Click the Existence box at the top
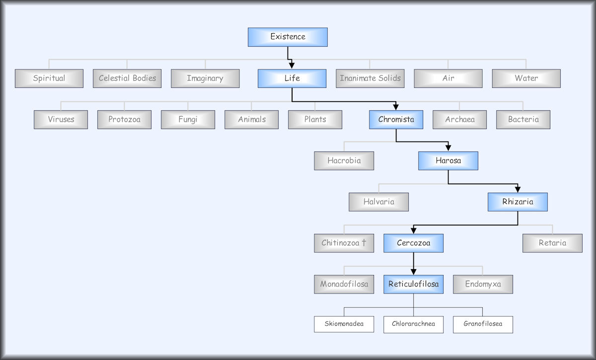288,37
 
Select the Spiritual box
49,78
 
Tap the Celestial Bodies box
127,78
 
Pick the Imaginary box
205,78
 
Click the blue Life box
292,78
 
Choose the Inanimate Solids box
370,78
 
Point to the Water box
526,78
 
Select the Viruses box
61,119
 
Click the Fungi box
188,119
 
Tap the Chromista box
396,119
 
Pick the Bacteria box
523,119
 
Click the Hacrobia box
344,160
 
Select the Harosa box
448,160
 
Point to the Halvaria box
378,202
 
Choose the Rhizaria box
518,202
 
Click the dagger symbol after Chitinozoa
364,243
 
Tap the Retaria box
552,243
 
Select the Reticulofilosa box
413,284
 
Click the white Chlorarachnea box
413,324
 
